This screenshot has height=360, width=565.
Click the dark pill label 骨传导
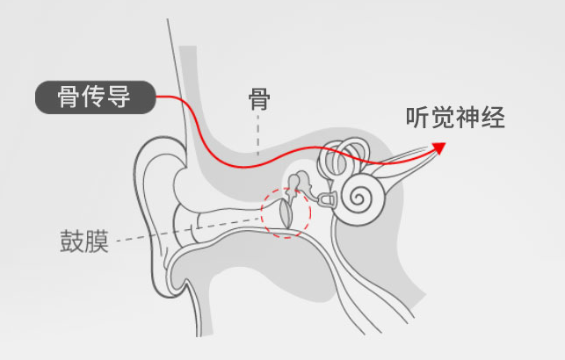(96, 97)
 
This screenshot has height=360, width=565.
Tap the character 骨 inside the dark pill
(69, 97)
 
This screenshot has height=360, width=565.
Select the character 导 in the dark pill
(119, 97)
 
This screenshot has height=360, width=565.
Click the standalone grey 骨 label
(259, 99)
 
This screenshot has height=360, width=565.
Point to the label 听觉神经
(455, 118)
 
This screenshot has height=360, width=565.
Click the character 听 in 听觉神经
(418, 118)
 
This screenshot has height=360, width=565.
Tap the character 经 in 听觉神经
(493, 118)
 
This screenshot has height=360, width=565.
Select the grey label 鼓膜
(84, 241)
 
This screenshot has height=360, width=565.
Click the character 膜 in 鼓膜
(97, 241)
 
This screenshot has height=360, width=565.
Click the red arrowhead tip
(445, 143)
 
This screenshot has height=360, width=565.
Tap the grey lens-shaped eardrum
(286, 213)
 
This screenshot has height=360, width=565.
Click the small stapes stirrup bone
(325, 198)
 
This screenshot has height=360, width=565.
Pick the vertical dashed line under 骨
(258, 135)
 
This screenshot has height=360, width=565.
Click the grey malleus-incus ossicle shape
(299, 184)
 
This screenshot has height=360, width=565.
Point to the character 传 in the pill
(93, 97)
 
